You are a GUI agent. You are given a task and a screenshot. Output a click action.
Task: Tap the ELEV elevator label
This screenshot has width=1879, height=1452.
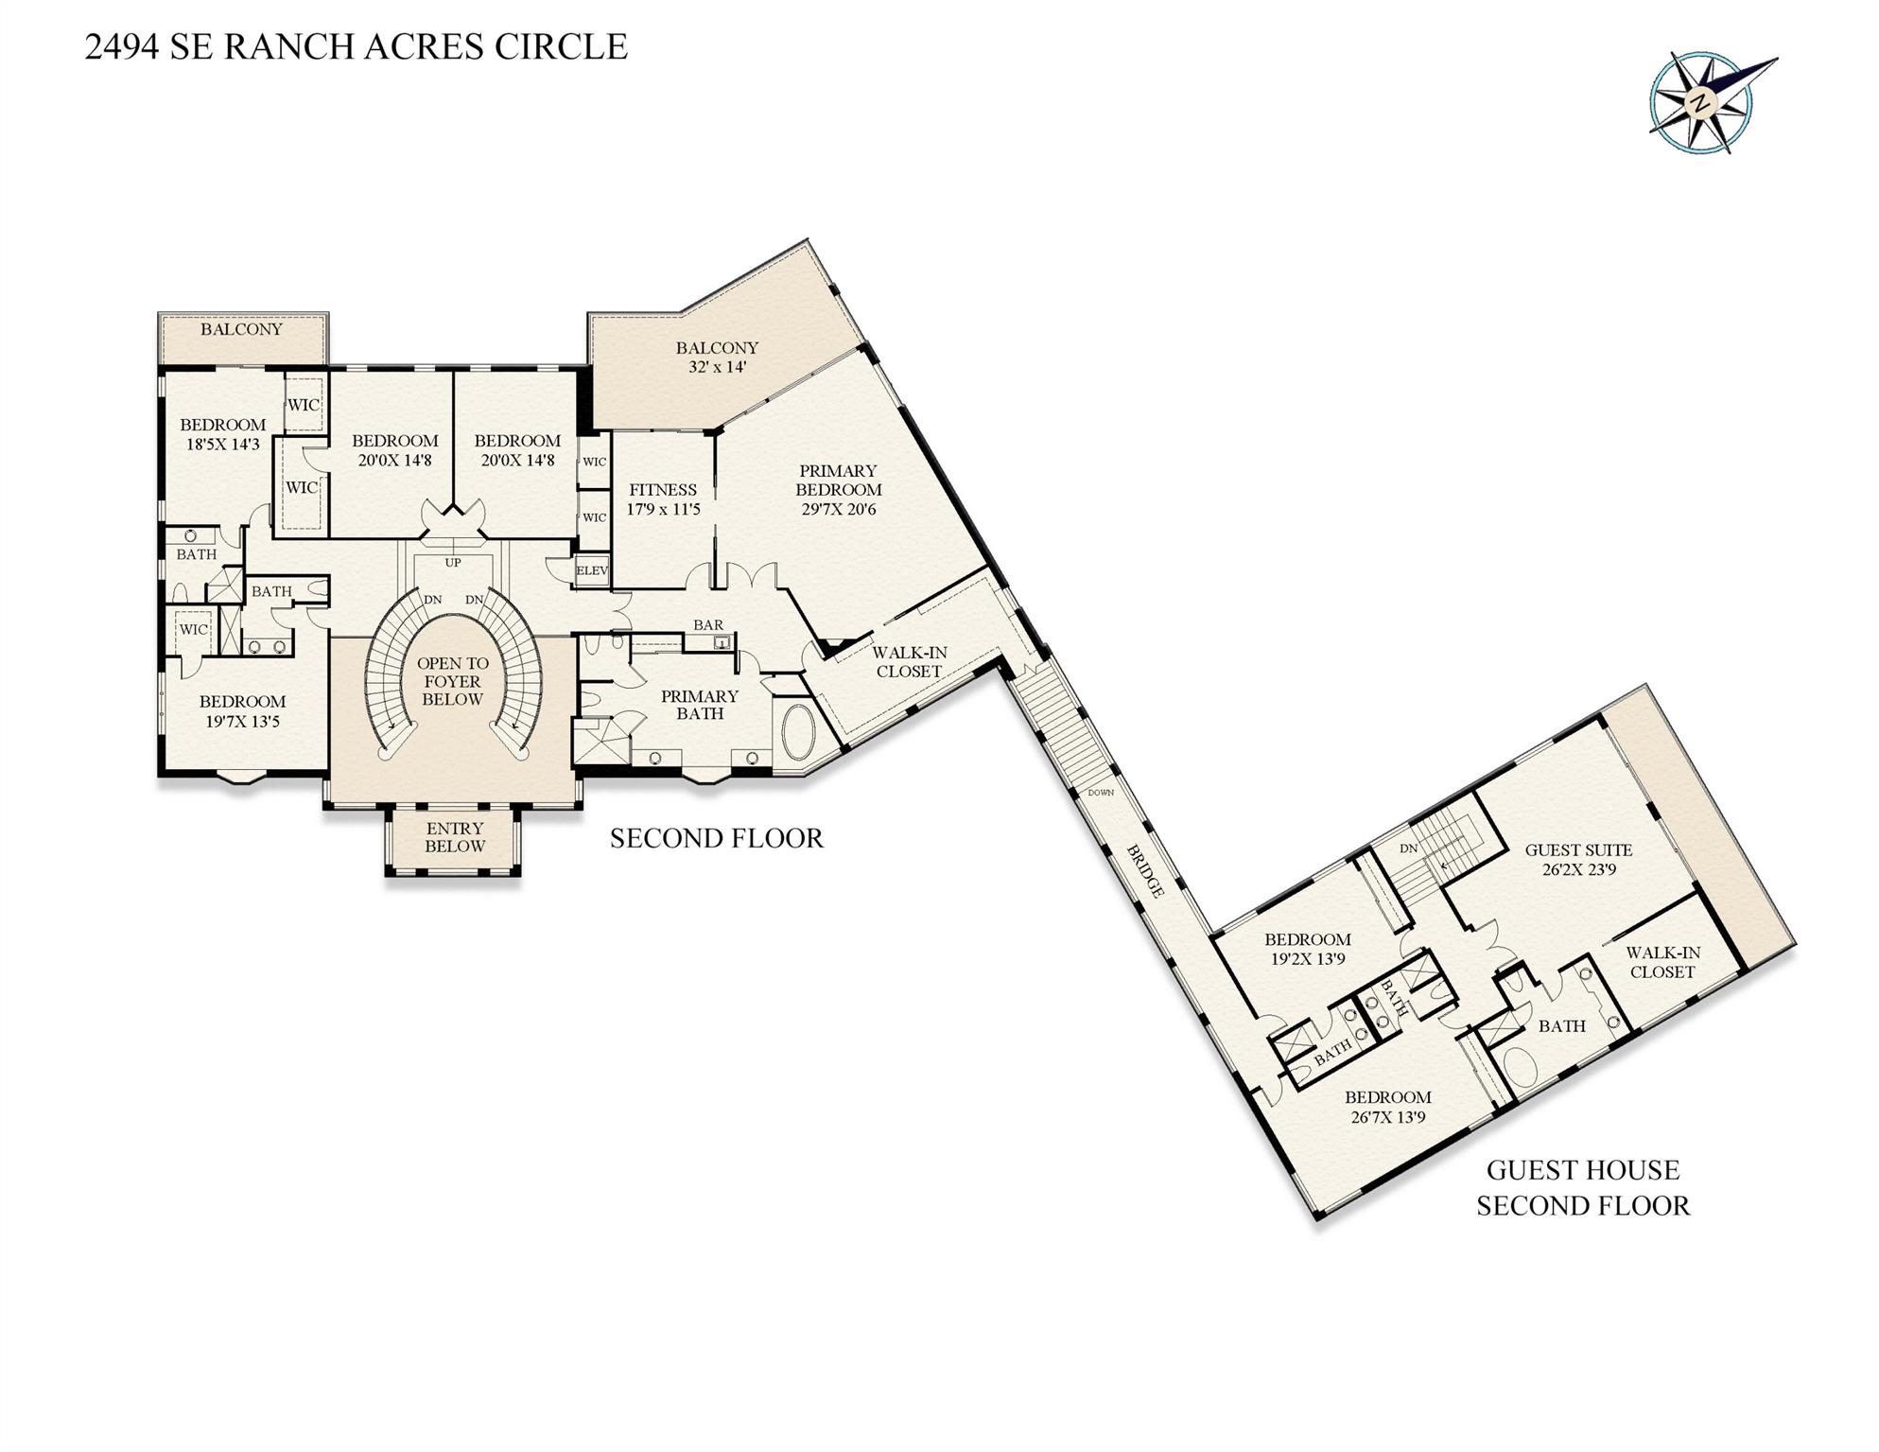592,571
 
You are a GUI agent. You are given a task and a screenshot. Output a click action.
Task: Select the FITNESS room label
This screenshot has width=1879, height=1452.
663,490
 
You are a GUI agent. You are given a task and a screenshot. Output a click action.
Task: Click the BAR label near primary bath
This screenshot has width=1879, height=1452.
708,625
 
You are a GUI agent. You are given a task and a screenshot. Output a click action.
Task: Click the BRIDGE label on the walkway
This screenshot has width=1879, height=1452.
1145,870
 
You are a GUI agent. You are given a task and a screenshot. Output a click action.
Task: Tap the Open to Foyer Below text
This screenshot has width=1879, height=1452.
453,681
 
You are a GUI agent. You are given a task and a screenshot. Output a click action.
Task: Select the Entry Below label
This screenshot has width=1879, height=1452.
454,837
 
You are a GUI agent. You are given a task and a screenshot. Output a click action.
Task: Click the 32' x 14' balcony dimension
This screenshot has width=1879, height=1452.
717,367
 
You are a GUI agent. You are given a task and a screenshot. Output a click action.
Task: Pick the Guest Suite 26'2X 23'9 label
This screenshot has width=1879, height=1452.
1578,859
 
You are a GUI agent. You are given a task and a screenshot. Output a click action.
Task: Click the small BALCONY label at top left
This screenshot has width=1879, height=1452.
241,329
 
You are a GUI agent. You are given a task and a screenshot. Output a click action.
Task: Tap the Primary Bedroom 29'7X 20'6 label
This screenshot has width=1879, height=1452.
838,490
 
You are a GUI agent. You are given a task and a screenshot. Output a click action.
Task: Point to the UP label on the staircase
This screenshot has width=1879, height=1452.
453,563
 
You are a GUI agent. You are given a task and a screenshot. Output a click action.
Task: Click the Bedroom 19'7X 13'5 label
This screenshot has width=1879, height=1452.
242,711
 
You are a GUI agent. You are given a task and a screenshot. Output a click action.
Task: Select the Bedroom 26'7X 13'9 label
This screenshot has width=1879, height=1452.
1387,1107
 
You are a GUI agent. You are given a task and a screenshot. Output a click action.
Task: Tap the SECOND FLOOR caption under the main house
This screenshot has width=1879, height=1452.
716,838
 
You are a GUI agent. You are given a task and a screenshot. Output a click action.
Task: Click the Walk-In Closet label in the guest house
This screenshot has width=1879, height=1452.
1662,962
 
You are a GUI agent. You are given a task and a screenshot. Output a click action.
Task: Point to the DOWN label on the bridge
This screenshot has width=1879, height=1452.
1101,793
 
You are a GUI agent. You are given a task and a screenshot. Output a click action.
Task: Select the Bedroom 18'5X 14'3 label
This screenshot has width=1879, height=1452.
223,434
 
